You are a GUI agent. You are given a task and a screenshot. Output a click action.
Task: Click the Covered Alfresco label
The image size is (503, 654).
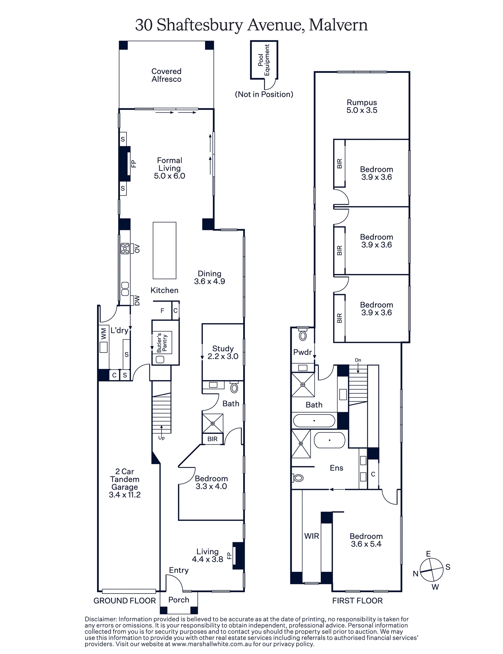(166, 75)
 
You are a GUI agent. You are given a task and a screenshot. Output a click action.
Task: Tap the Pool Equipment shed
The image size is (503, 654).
(264, 60)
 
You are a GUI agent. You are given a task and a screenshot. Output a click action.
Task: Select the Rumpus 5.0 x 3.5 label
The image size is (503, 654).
(362, 106)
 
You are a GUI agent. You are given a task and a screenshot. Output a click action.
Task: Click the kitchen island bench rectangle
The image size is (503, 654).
(164, 250)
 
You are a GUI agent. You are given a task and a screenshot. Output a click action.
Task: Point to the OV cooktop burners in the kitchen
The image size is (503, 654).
(125, 248)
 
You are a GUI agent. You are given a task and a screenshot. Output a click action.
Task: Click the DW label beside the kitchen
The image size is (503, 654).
(137, 300)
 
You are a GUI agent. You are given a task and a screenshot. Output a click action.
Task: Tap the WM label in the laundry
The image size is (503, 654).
(103, 333)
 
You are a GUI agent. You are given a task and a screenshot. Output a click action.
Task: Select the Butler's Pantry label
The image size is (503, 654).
(162, 343)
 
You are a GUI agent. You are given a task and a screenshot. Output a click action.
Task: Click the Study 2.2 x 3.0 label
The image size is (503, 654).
(223, 352)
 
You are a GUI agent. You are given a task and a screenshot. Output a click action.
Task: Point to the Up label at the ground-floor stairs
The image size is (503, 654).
(161, 438)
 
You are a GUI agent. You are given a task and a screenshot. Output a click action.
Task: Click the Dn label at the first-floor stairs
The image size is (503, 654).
(358, 360)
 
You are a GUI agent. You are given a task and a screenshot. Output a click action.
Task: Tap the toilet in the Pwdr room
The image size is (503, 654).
(302, 335)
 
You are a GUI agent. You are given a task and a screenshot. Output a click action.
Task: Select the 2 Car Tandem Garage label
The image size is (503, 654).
(125, 483)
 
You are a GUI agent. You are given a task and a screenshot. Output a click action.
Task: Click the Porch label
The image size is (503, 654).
(178, 599)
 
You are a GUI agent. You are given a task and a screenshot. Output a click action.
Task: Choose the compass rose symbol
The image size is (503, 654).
(431, 570)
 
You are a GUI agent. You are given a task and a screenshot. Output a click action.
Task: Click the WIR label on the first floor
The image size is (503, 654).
(312, 536)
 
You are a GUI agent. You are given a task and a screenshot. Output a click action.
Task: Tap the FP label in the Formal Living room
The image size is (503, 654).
(133, 163)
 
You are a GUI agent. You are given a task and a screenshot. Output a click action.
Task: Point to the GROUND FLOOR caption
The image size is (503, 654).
(124, 601)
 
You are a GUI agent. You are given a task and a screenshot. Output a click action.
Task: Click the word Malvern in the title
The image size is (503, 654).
(338, 25)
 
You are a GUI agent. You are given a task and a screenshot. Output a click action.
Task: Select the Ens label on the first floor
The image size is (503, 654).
(336, 468)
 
